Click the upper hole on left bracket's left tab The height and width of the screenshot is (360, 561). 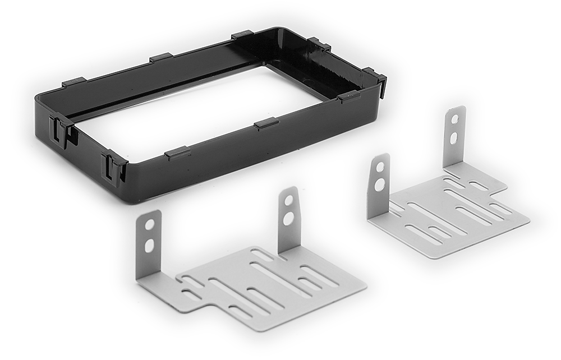click(x=150, y=224)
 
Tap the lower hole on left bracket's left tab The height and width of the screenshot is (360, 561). click(x=149, y=245)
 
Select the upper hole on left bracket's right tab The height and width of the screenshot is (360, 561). click(x=288, y=200)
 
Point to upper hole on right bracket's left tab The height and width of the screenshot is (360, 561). click(x=380, y=167)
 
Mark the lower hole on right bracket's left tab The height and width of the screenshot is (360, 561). click(x=380, y=184)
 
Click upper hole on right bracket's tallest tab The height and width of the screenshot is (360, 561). click(x=454, y=119)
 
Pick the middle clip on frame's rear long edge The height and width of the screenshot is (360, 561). click(x=161, y=57)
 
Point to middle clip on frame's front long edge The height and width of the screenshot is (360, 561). click(x=266, y=123)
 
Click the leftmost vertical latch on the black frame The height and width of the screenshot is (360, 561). click(x=60, y=130)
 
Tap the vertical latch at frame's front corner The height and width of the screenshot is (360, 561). click(x=114, y=167)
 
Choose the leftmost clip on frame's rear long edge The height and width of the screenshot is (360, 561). click(x=73, y=82)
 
